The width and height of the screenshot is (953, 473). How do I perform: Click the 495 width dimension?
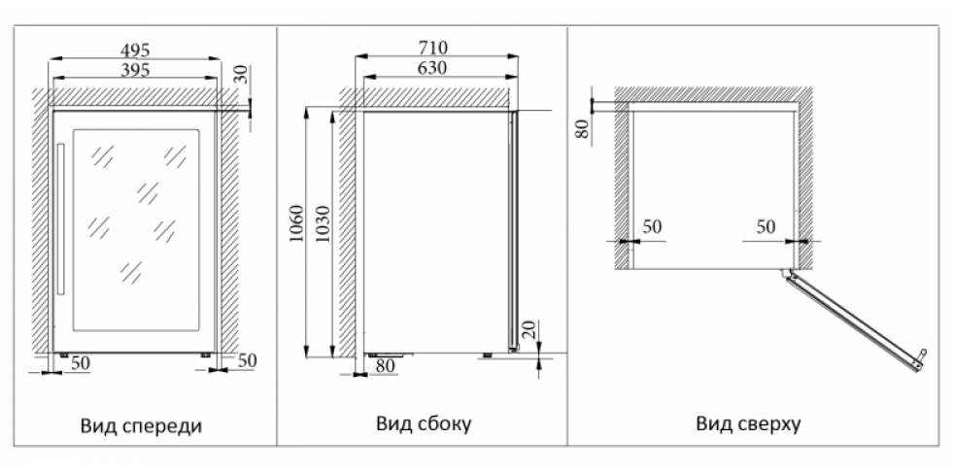point(135,50)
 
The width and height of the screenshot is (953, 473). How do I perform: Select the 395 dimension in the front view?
point(135,70)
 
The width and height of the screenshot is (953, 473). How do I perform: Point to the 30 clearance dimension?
point(242,75)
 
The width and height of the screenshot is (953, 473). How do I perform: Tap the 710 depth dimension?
point(432,48)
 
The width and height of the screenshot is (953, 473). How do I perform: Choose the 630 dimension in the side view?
point(432,67)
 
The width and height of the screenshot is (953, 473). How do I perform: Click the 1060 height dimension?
point(296,223)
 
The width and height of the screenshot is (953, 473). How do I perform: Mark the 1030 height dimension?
point(323,223)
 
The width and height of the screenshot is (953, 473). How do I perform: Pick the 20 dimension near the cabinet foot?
point(528,330)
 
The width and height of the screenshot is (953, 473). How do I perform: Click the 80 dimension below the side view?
point(385,366)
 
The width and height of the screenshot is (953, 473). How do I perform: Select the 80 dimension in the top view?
point(583,128)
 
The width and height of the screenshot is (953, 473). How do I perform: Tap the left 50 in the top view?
point(652,226)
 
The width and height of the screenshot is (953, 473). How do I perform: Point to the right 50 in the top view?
point(766,226)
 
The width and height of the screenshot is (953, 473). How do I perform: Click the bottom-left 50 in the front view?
point(81,363)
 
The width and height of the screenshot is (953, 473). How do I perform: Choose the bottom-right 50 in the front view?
point(247,360)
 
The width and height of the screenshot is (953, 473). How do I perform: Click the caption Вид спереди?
point(141,425)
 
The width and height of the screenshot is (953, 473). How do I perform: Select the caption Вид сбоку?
point(424,423)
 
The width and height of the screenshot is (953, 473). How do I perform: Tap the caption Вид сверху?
point(748,423)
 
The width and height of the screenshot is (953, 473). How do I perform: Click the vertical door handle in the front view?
point(61,220)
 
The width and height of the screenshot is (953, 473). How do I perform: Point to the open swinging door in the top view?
point(854,321)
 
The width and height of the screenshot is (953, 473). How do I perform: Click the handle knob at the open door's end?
point(923,353)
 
